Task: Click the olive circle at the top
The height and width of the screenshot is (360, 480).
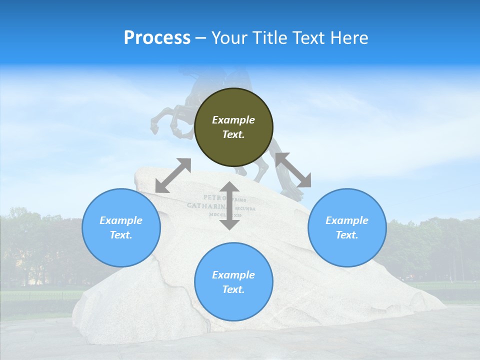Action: click(x=233, y=127)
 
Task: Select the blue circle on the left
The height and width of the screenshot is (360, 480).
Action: click(x=121, y=227)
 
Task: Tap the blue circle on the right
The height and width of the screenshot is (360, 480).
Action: click(x=347, y=227)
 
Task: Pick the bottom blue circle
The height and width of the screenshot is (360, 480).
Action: click(x=233, y=282)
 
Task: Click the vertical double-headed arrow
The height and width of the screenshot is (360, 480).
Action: click(x=229, y=205)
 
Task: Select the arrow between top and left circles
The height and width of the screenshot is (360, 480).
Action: click(x=173, y=175)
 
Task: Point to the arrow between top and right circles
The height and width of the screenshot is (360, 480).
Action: click(x=293, y=170)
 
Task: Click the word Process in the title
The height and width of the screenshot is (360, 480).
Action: click(x=157, y=38)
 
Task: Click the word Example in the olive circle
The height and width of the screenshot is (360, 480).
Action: click(x=233, y=120)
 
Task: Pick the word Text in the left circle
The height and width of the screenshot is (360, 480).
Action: click(x=121, y=235)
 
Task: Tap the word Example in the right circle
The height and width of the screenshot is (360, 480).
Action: click(x=347, y=220)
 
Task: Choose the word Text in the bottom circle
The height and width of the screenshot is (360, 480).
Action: click(x=233, y=289)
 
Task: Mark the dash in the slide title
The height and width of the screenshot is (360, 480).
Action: click(x=200, y=38)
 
